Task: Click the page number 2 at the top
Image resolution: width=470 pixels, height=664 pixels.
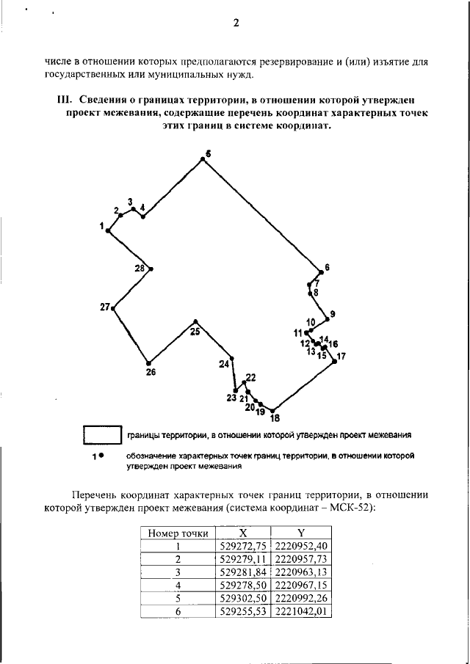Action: pos(236,23)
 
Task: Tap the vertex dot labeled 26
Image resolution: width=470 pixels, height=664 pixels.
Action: pos(149,362)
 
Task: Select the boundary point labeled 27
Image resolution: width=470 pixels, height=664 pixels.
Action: pos(113,308)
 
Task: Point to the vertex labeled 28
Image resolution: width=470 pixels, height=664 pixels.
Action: pos(151,269)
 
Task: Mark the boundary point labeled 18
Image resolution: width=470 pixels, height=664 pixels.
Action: pos(272,411)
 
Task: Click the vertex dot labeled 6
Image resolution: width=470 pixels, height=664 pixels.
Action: pos(321,269)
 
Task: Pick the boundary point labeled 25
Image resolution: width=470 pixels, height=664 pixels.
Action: pos(195,321)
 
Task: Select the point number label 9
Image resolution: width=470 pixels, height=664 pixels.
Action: pos(333,314)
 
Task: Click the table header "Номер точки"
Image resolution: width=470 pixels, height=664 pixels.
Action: pos(178,533)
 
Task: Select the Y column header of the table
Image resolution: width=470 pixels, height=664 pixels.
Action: pos(301,533)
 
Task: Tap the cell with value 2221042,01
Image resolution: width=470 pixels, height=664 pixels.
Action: pos(301,610)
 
